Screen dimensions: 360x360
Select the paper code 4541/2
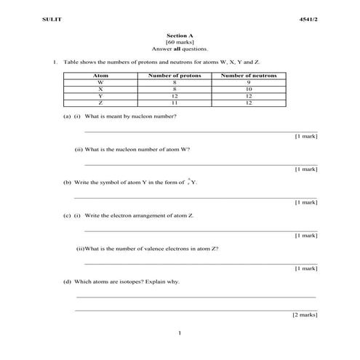pos(309,17)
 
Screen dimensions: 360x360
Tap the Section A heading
pos(180,36)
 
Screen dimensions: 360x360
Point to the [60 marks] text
pos(180,42)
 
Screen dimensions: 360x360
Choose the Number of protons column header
pos(174,75)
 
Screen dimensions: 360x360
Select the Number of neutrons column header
pos(248,75)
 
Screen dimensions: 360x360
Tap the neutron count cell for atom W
pos(248,82)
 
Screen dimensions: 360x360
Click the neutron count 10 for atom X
pos(248,89)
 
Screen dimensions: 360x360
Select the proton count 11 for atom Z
pos(174,103)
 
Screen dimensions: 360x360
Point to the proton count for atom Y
pos(174,96)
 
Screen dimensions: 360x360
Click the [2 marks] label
pos(305,315)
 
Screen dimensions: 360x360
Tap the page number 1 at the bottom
pos(180,333)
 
